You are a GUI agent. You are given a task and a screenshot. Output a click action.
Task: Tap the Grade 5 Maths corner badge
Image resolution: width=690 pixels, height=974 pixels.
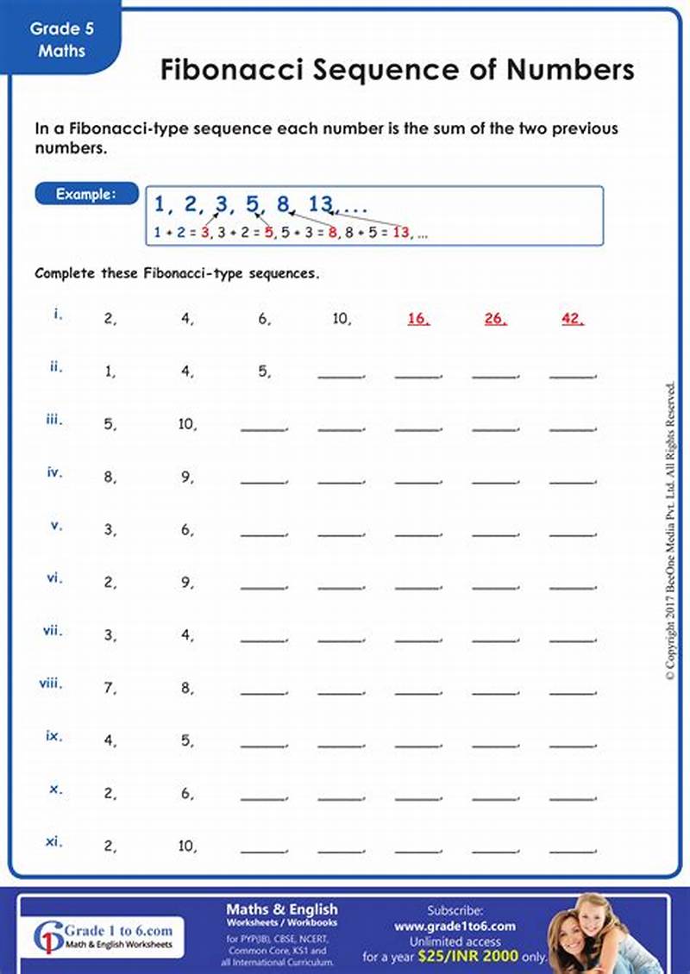click(61, 40)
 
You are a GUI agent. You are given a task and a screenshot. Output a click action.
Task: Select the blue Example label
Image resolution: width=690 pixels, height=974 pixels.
click(85, 194)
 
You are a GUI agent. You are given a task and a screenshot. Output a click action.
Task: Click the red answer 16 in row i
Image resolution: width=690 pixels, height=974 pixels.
click(418, 318)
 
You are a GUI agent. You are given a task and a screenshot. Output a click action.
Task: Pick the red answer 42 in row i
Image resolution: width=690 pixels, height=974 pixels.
click(572, 318)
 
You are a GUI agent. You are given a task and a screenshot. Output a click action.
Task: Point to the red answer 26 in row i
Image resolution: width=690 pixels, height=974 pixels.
click(495, 318)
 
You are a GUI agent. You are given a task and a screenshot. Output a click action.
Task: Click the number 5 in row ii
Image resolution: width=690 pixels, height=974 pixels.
click(263, 372)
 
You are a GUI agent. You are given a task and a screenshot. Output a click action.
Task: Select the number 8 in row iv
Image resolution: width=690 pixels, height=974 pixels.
click(110, 477)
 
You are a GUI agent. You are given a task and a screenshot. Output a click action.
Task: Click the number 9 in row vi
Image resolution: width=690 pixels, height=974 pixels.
click(186, 584)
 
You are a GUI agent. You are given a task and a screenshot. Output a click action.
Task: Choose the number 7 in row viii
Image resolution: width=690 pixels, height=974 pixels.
click(110, 689)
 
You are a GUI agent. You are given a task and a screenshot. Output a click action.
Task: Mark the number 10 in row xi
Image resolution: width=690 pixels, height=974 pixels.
click(187, 846)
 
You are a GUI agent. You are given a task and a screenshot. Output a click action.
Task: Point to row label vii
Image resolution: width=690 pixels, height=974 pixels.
click(53, 630)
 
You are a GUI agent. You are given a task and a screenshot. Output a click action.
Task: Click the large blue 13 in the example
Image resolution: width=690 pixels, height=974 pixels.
click(320, 204)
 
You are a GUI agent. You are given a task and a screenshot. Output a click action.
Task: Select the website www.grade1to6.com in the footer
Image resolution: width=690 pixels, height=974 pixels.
click(455, 927)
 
